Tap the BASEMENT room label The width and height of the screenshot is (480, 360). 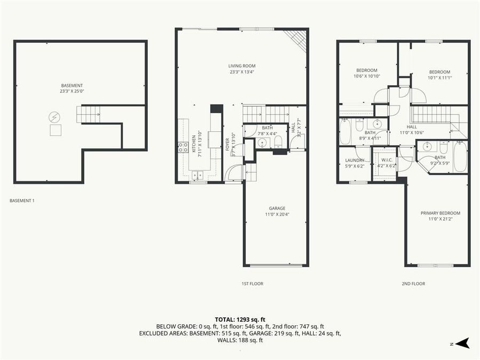tap(72, 85)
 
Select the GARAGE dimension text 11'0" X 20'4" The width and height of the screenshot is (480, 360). tap(277, 214)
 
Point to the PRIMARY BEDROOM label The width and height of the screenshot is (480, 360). tap(440, 213)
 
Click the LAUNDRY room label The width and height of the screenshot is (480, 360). tap(355, 160)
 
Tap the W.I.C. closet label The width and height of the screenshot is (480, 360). tap(387, 160)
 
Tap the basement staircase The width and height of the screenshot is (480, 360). tap(89, 114)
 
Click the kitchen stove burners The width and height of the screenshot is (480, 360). tap(182, 148)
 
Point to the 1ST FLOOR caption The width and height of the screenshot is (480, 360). tap(252, 284)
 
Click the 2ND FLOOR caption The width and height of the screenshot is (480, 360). tap(413, 284)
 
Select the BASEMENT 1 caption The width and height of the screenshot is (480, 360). tap(22, 201)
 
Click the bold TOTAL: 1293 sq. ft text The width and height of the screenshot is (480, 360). tap(240, 319)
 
